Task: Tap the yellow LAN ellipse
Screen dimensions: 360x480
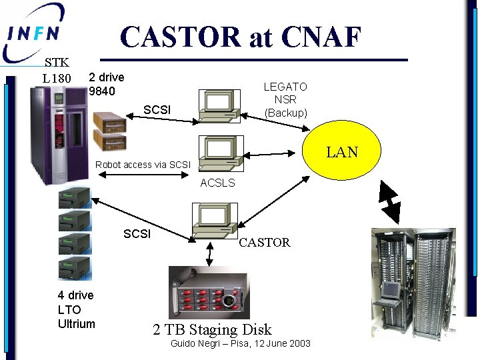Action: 342,151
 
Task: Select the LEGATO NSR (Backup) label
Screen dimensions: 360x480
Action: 285,100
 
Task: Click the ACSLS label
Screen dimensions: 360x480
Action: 217,183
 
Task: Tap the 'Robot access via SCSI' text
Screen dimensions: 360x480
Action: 143,165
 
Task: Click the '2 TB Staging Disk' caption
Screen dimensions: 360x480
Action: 212,329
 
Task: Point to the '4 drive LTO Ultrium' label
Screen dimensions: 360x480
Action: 76,309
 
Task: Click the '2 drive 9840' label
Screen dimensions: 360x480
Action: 107,84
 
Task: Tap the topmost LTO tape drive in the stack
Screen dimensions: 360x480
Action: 74,197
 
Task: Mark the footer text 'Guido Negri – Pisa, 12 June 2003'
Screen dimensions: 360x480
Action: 241,343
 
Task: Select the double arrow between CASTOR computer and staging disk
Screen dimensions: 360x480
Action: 210,253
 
